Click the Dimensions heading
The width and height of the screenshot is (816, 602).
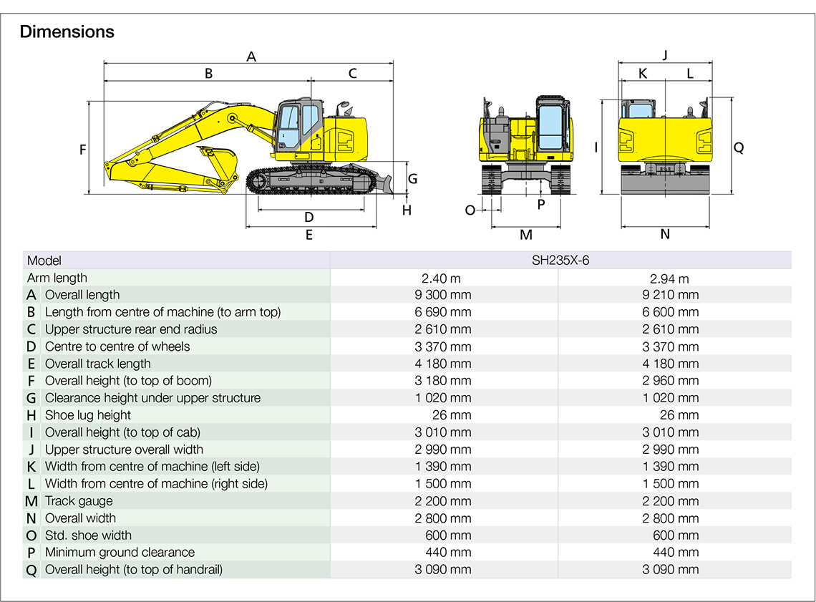67,31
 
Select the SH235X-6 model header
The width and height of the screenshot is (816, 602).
560,261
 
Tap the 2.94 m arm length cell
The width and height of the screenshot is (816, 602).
674,278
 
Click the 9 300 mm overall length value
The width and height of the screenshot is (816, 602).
445,295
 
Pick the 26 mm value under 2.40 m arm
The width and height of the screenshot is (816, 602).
455,415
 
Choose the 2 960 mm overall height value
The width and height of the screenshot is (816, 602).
671,381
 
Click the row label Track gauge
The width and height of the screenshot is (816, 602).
79,501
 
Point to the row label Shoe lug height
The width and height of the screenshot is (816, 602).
88,415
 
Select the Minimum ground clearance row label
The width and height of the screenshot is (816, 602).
120,553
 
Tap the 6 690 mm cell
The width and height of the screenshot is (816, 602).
445,312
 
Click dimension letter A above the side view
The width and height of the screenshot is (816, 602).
251,56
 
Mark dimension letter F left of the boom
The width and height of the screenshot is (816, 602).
83,150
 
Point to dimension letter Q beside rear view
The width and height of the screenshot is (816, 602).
739,147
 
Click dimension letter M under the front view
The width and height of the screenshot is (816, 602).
526,235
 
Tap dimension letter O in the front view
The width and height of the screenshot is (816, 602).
470,210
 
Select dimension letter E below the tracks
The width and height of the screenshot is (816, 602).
309,235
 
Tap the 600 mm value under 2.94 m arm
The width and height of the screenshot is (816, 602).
676,535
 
